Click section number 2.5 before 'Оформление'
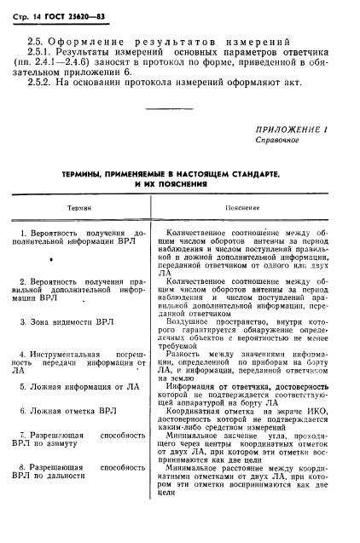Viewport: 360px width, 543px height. pos(35,40)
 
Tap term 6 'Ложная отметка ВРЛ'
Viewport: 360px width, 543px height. pos(67,410)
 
